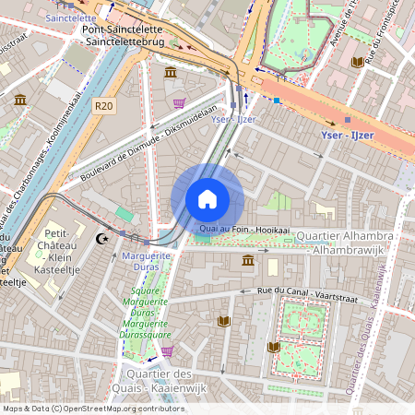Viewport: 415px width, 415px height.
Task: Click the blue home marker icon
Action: [207, 199]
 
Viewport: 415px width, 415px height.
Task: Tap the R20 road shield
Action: [104, 106]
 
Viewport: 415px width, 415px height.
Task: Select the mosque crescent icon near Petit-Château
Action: [101, 239]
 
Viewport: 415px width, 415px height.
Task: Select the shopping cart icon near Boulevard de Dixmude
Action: [179, 103]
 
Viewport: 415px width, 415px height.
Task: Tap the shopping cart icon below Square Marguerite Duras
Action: [167, 351]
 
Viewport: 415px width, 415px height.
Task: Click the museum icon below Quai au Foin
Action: [248, 262]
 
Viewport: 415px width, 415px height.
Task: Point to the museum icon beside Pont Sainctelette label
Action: [171, 72]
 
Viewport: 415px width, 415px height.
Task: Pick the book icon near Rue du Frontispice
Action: [357, 62]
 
